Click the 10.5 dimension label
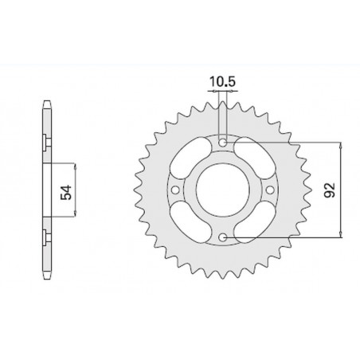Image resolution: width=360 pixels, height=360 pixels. pyautogui.click(x=224, y=80)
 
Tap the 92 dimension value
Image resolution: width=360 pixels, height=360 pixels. pyautogui.click(x=328, y=190)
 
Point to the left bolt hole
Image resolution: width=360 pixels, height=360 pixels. pyautogui.click(x=176, y=190)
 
